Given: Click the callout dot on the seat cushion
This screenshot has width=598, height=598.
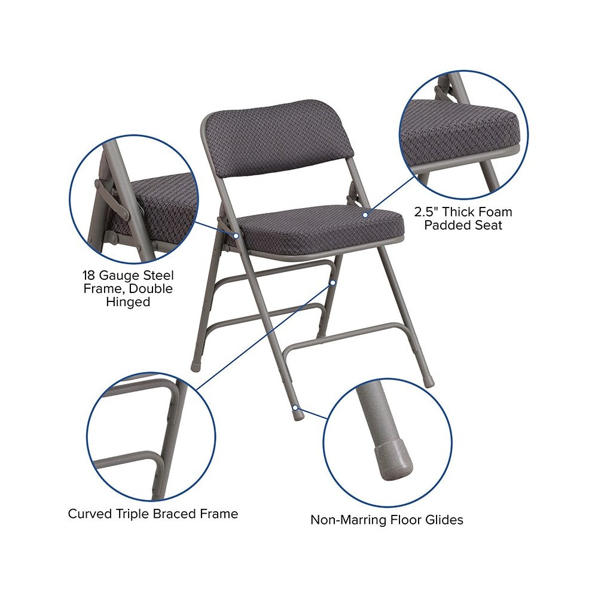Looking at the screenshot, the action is pyautogui.click(x=365, y=215).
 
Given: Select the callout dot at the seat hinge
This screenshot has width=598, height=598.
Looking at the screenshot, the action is pyautogui.click(x=236, y=236).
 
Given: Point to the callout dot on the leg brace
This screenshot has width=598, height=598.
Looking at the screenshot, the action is pyautogui.click(x=333, y=283).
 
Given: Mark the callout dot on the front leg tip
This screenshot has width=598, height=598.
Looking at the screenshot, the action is pyautogui.click(x=295, y=408).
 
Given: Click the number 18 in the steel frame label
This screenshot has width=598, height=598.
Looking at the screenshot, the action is pyautogui.click(x=89, y=275).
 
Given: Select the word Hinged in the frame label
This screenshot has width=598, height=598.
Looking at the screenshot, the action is pyautogui.click(x=128, y=301).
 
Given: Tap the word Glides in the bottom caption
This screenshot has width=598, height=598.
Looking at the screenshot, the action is pyautogui.click(x=444, y=520).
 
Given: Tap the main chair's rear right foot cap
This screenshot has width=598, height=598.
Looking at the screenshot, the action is pyautogui.click(x=429, y=383).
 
